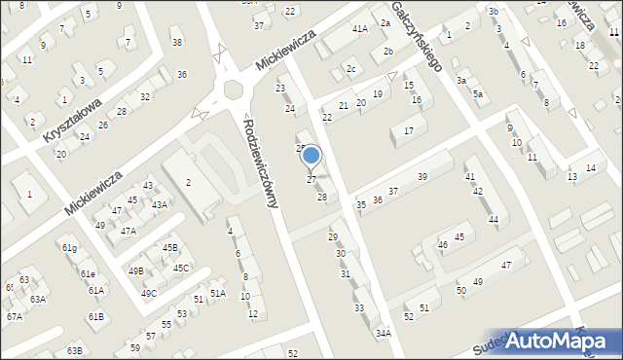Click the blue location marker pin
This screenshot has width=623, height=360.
(x=311, y=157)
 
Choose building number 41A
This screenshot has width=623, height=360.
(x=360, y=29)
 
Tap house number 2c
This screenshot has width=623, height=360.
(x=351, y=68)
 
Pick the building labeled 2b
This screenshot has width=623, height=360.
(x=387, y=51)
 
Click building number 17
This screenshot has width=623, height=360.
(x=409, y=130)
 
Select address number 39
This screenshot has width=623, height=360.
(x=421, y=176)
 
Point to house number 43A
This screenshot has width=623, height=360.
(x=159, y=204)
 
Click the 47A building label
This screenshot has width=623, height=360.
(x=128, y=232)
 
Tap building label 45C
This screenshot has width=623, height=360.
(x=181, y=268)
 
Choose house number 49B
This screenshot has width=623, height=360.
(x=135, y=270)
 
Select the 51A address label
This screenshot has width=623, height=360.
(x=218, y=293)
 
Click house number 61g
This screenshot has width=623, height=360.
(x=70, y=248)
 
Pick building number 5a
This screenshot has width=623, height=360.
(x=478, y=93)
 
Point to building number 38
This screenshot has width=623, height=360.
(x=176, y=42)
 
